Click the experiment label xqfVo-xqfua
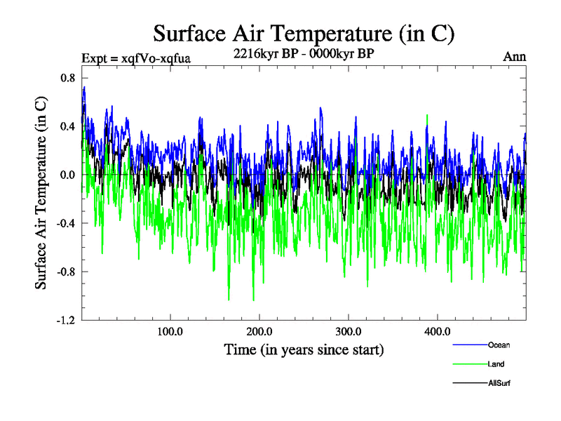[136, 58]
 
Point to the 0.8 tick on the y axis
[67, 78]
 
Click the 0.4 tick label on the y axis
[67, 126]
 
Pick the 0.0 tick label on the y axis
[67, 175]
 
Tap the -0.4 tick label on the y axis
[65, 223]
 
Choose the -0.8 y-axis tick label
[65, 272]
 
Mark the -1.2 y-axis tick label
[65, 320]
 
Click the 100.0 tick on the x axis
[170, 331]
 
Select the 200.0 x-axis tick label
[259, 331]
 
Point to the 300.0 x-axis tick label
[349, 331]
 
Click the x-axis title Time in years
[304, 349]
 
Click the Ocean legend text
[499, 345]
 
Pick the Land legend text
[496, 364]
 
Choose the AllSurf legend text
[499, 383]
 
